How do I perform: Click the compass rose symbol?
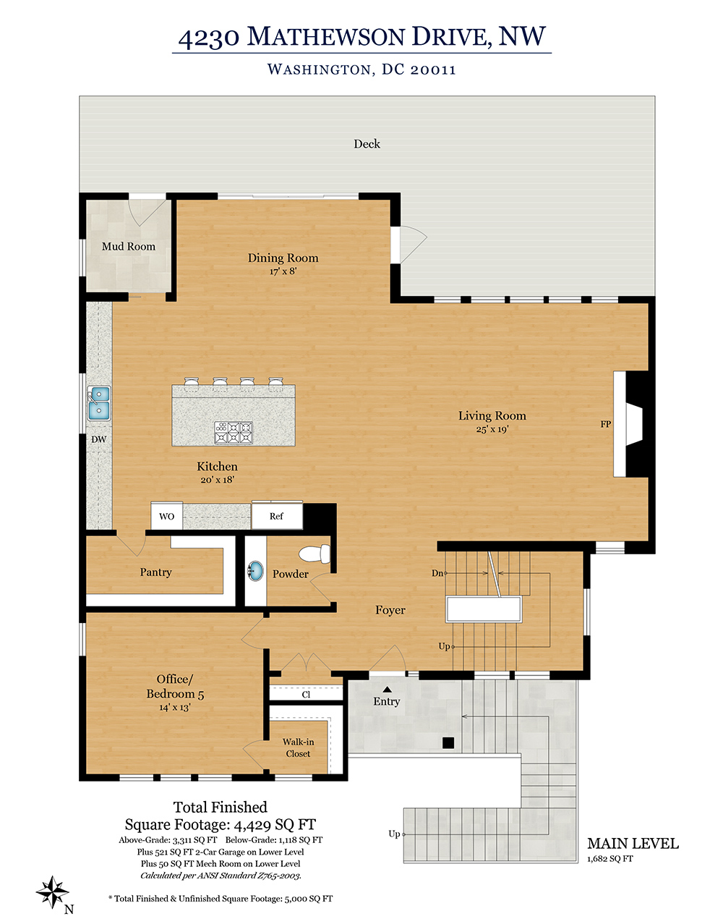click(52, 892)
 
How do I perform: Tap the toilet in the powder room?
click(315, 554)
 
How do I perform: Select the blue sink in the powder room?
click(255, 571)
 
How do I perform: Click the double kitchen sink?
click(99, 403)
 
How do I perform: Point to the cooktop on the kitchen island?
click(234, 432)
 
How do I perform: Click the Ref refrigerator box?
click(277, 516)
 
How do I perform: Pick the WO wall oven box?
click(167, 516)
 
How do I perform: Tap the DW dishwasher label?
click(98, 439)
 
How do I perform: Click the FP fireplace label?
click(606, 424)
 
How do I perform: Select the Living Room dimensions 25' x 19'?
click(492, 429)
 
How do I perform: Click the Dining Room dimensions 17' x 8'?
click(283, 271)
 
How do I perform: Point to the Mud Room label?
click(129, 247)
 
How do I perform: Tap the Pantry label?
click(155, 572)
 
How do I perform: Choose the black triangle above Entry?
click(387, 689)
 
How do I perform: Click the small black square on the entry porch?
click(448, 743)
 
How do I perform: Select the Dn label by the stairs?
click(437, 573)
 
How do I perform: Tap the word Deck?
click(367, 144)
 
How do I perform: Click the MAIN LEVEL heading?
click(633, 844)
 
